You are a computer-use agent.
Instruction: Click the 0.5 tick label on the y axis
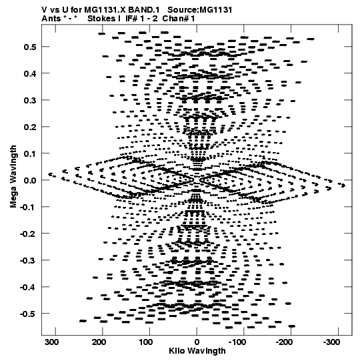[x=30, y=47]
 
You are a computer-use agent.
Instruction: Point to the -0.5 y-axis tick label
[x=28, y=314]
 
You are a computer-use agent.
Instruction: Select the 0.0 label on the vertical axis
[x=30, y=180]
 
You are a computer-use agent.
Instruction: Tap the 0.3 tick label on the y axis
[x=30, y=100]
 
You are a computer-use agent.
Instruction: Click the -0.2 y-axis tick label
[x=28, y=234]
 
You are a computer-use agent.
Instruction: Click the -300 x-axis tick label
[x=331, y=342]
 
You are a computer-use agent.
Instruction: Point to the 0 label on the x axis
[x=197, y=342]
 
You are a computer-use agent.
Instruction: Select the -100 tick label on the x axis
[x=237, y=342]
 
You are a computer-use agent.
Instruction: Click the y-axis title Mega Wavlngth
[x=13, y=177]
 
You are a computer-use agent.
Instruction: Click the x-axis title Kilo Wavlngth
[x=197, y=351]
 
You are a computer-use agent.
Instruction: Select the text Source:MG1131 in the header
[x=200, y=9]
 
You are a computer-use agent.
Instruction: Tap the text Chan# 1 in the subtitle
[x=179, y=19]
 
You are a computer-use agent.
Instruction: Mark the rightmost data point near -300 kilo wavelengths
[x=343, y=185]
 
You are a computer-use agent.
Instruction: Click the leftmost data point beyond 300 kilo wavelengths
[x=50, y=174]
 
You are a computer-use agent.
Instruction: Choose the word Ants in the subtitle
[x=51, y=19]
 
